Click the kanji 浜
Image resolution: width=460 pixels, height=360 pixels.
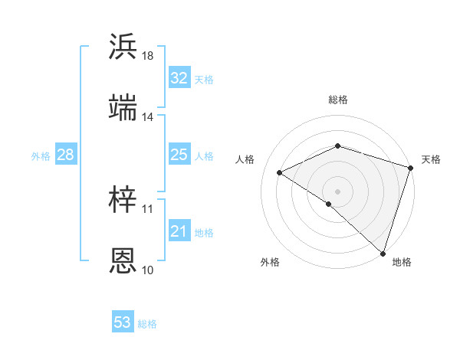(123, 47)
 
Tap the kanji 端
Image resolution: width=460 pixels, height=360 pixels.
(123, 108)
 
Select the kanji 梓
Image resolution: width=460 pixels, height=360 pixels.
(123, 200)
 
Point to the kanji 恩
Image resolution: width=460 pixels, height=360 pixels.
(123, 260)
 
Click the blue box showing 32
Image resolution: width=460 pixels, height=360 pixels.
(179, 78)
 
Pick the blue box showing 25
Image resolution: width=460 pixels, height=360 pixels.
(179, 155)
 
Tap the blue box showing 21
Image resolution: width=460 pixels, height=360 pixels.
(179, 231)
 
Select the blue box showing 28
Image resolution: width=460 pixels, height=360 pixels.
(65, 155)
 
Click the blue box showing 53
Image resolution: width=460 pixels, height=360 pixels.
(123, 322)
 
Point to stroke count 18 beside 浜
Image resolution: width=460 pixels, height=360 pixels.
(147, 56)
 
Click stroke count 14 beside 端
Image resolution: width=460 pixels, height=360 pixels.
(147, 117)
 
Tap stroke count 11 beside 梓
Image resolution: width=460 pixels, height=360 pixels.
(147, 208)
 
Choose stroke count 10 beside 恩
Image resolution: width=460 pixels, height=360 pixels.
(147, 270)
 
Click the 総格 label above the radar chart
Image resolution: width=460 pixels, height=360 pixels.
(338, 100)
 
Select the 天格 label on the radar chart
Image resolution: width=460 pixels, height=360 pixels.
(431, 159)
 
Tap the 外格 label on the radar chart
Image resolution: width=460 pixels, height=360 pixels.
(270, 262)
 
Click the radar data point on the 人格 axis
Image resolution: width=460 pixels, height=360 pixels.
(280, 172)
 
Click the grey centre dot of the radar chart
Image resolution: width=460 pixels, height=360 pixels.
(337, 191)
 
